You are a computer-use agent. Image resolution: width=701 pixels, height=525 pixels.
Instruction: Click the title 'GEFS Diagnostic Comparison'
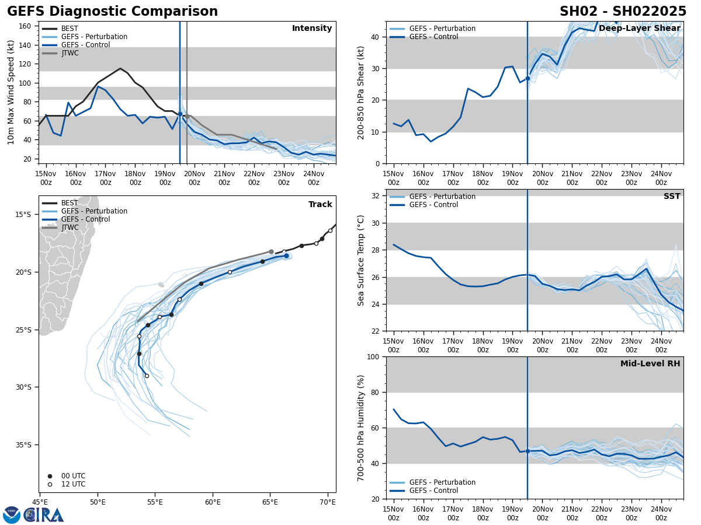[112, 12]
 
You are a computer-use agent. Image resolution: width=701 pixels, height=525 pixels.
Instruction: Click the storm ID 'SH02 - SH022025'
[623, 12]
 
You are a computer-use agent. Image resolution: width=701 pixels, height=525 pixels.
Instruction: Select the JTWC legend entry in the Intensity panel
[70, 53]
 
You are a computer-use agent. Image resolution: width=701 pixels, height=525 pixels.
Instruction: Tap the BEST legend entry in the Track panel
[70, 203]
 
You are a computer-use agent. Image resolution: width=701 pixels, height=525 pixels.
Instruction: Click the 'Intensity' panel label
[312, 29]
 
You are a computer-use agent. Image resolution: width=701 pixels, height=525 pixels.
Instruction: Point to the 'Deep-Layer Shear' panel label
[639, 29]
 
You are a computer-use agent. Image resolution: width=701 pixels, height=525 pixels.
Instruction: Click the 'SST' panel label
[672, 197]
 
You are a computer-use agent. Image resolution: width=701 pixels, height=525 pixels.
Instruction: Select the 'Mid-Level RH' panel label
[650, 364]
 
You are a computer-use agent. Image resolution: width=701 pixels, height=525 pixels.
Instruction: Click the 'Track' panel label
[320, 205]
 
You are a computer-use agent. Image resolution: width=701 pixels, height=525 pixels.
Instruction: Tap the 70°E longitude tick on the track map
[328, 502]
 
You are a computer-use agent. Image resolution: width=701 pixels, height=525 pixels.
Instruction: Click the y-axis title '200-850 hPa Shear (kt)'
[362, 92]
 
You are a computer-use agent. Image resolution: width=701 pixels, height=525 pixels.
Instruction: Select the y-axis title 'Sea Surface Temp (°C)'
[362, 260]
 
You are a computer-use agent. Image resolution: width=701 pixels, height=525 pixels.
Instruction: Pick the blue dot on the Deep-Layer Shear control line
[528, 78]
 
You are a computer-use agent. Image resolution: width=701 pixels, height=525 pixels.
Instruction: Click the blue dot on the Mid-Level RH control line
[528, 451]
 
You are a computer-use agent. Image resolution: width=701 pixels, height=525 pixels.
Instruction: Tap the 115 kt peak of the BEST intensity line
[120, 68]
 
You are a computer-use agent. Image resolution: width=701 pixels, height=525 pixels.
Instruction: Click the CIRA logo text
[43, 515]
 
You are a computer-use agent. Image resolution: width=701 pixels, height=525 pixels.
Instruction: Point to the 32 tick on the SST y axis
[377, 196]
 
